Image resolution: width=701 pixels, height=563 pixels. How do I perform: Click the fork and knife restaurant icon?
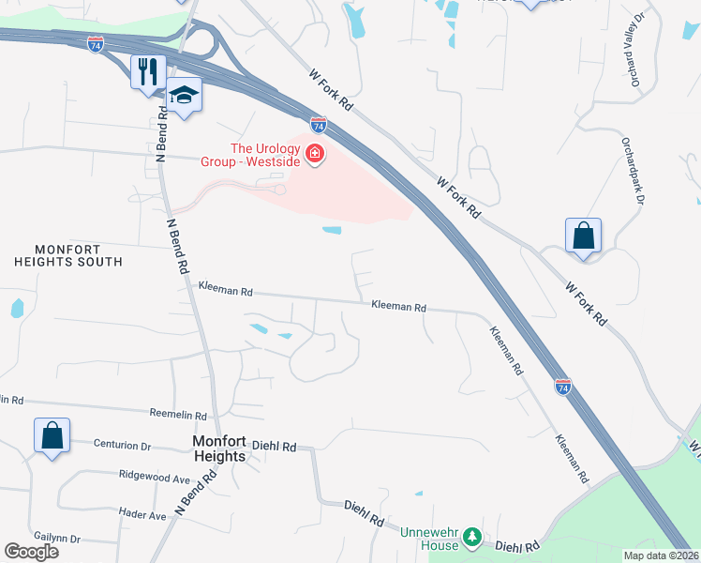pyautogui.click(x=148, y=71)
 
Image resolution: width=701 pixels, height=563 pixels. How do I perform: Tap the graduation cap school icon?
pyautogui.click(x=185, y=97)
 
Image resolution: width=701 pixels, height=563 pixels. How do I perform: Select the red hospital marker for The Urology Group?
pyautogui.click(x=315, y=153)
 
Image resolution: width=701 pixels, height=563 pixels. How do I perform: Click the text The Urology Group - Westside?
pyautogui.click(x=265, y=154)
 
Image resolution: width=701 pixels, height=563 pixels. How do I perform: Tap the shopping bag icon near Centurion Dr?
pyautogui.click(x=52, y=435)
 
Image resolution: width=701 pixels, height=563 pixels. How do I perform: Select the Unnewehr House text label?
pyautogui.click(x=430, y=539)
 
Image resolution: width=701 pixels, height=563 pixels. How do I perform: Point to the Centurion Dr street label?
pyautogui.click(x=122, y=446)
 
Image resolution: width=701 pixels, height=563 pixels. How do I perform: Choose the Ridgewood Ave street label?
pyautogui.click(x=155, y=476)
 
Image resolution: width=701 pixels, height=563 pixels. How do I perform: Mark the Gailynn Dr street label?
pyautogui.click(x=56, y=539)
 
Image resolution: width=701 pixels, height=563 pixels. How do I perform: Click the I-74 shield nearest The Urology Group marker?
pyautogui.click(x=319, y=124)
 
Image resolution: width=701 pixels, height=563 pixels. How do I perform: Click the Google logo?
pyautogui.click(x=31, y=552)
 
